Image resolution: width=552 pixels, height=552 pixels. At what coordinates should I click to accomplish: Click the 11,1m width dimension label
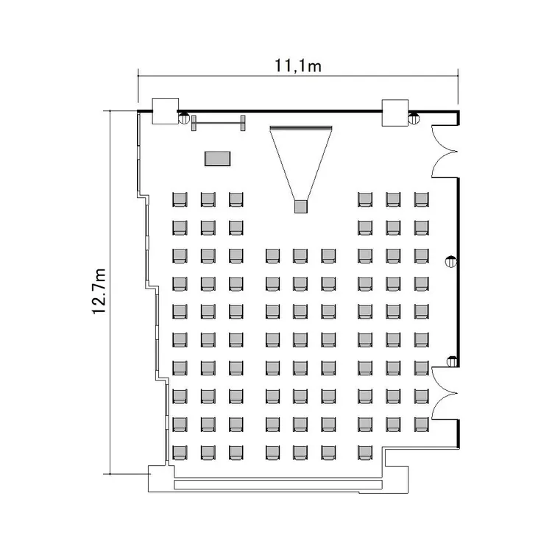coord(298,66)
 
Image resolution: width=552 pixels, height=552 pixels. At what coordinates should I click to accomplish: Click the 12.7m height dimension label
coord(99,291)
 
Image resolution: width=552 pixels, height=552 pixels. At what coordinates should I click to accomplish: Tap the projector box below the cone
coord(300,207)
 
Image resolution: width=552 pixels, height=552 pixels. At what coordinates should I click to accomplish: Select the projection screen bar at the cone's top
coord(300,127)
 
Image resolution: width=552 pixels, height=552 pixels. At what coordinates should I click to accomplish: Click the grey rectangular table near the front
coord(218,158)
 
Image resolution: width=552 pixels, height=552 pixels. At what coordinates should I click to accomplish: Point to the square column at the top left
coord(165,111)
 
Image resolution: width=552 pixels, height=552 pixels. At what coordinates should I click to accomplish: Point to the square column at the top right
coord(395,113)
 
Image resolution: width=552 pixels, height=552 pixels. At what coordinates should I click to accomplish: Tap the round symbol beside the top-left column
coord(184,118)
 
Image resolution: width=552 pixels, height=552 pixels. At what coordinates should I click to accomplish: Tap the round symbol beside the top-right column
coord(414,118)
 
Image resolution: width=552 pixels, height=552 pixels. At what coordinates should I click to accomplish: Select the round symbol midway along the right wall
coord(451,262)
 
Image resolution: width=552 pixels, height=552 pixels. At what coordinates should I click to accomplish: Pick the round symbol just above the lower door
coord(452,361)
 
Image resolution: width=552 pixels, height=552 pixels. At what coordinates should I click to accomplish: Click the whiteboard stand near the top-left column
coord(219,123)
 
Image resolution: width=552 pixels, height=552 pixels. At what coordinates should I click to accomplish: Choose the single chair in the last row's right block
coord(365,453)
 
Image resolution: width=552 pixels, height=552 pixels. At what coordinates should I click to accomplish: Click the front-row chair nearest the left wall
coord(180,199)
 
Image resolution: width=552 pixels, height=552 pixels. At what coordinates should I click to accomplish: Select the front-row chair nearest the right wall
coord(422,199)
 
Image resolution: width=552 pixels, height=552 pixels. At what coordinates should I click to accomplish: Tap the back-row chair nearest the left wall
coord(180,453)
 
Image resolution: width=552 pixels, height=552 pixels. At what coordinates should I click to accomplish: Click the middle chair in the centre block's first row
coord(300,256)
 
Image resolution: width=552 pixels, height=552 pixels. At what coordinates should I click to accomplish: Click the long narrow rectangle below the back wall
coord(278,485)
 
